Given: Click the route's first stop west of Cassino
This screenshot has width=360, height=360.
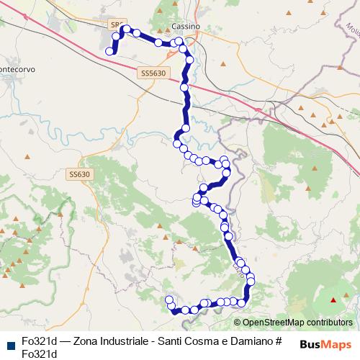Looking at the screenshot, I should coord(110,51).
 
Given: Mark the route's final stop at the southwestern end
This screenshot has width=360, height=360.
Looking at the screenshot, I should coord(169,300).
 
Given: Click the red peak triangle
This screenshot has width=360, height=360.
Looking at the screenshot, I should coord(333,300).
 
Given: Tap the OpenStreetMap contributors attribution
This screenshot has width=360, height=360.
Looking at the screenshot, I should coord(297,323).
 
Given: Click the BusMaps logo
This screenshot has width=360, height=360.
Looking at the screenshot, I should coord(326,343).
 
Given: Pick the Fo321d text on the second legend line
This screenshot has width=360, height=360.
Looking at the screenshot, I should coord(39,354).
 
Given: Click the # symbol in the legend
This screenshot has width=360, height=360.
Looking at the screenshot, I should coord(278,341).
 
